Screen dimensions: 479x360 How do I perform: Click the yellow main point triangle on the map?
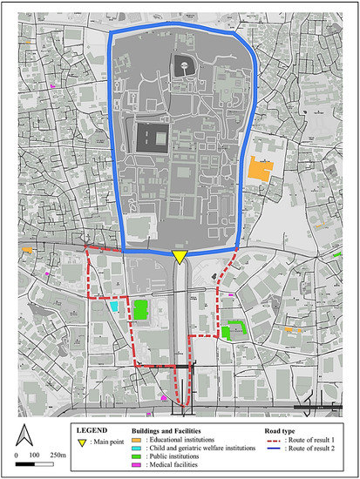click(179, 256)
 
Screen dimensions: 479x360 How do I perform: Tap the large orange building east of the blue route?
click(261, 169)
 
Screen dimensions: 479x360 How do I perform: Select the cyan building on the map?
click(115, 307)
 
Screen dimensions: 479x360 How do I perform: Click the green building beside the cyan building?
click(139, 309)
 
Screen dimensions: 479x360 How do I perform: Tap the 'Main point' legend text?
click(108, 442)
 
